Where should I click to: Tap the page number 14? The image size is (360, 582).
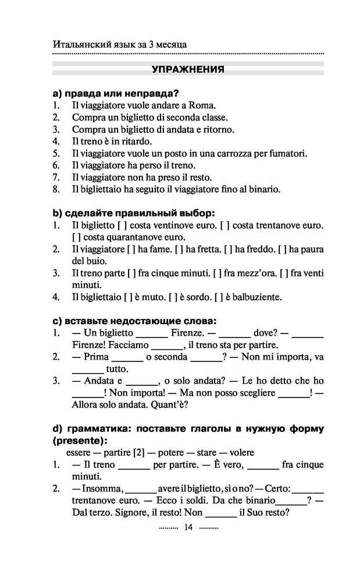pos(187,527)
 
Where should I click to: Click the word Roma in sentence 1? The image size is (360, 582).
pos(203,106)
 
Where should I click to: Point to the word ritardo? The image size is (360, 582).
pos(136,141)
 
